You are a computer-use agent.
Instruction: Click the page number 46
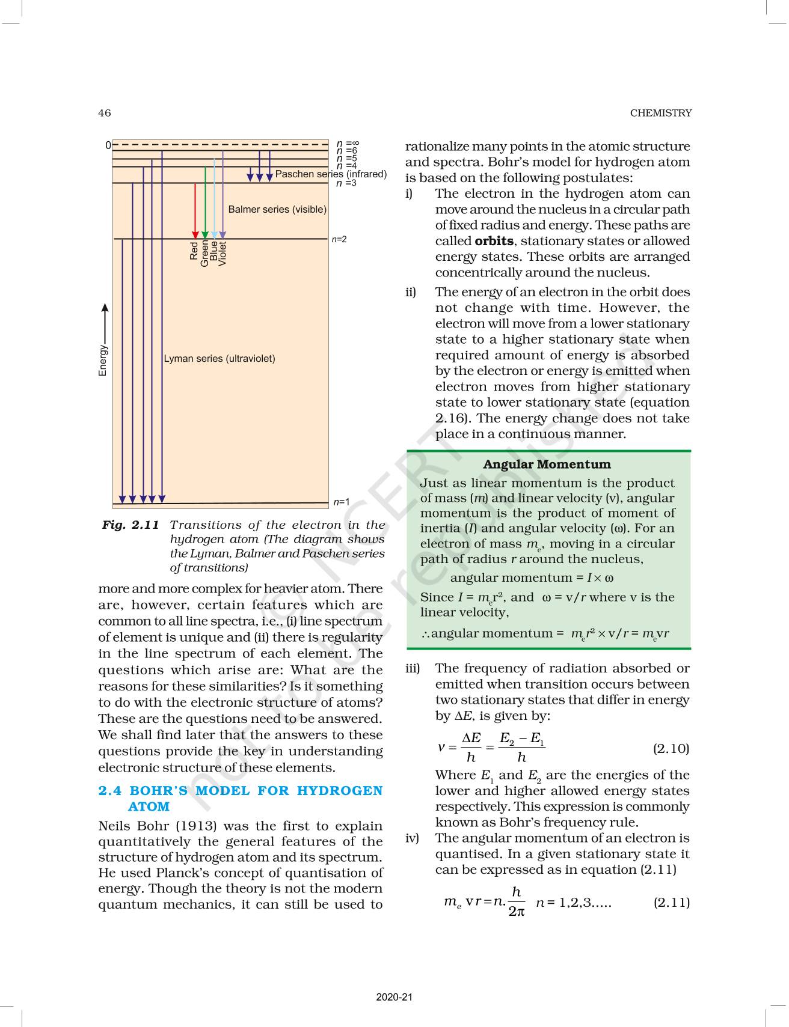[x=104, y=113]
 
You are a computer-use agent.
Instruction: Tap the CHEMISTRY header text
[x=660, y=113]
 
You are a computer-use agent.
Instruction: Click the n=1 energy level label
[x=341, y=502]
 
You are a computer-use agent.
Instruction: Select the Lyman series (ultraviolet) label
[x=220, y=359]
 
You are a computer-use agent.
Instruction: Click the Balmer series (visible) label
[x=277, y=209]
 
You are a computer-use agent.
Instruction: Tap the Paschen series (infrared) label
[x=331, y=174]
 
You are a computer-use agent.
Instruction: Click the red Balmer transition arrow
[x=195, y=210]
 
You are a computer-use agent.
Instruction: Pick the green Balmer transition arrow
[x=205, y=204]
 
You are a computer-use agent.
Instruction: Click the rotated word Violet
[x=223, y=254]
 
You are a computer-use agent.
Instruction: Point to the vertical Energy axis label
[x=103, y=361]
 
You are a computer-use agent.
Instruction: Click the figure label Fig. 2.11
[x=130, y=525]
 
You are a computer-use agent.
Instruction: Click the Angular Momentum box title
[x=547, y=465]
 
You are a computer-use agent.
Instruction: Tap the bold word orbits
[x=494, y=241]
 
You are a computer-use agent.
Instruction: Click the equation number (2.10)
[x=671, y=748]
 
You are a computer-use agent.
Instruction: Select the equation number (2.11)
[x=671, y=902]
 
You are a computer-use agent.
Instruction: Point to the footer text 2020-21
[x=394, y=998]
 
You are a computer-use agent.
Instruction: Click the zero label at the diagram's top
[x=108, y=145]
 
